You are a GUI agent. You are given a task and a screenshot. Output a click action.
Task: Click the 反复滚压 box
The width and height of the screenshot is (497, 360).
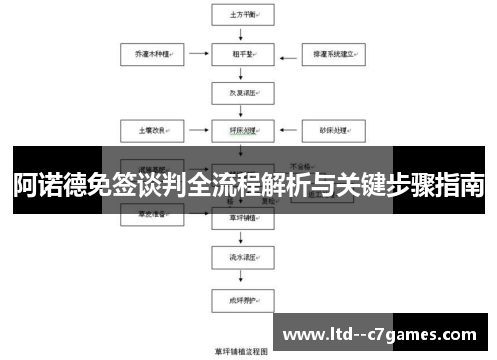click(x=237, y=93)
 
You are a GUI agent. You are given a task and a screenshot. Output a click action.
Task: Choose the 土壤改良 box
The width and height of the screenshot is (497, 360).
click(x=145, y=130)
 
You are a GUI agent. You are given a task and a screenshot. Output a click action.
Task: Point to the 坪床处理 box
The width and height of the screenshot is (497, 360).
click(x=237, y=130)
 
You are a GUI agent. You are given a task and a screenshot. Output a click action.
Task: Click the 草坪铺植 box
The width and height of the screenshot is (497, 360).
click(x=237, y=215)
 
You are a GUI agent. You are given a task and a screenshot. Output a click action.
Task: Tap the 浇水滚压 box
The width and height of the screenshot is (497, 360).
click(x=237, y=257)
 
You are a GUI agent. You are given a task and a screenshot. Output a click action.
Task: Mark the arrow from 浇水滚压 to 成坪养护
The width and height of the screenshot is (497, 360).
click(x=237, y=276)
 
